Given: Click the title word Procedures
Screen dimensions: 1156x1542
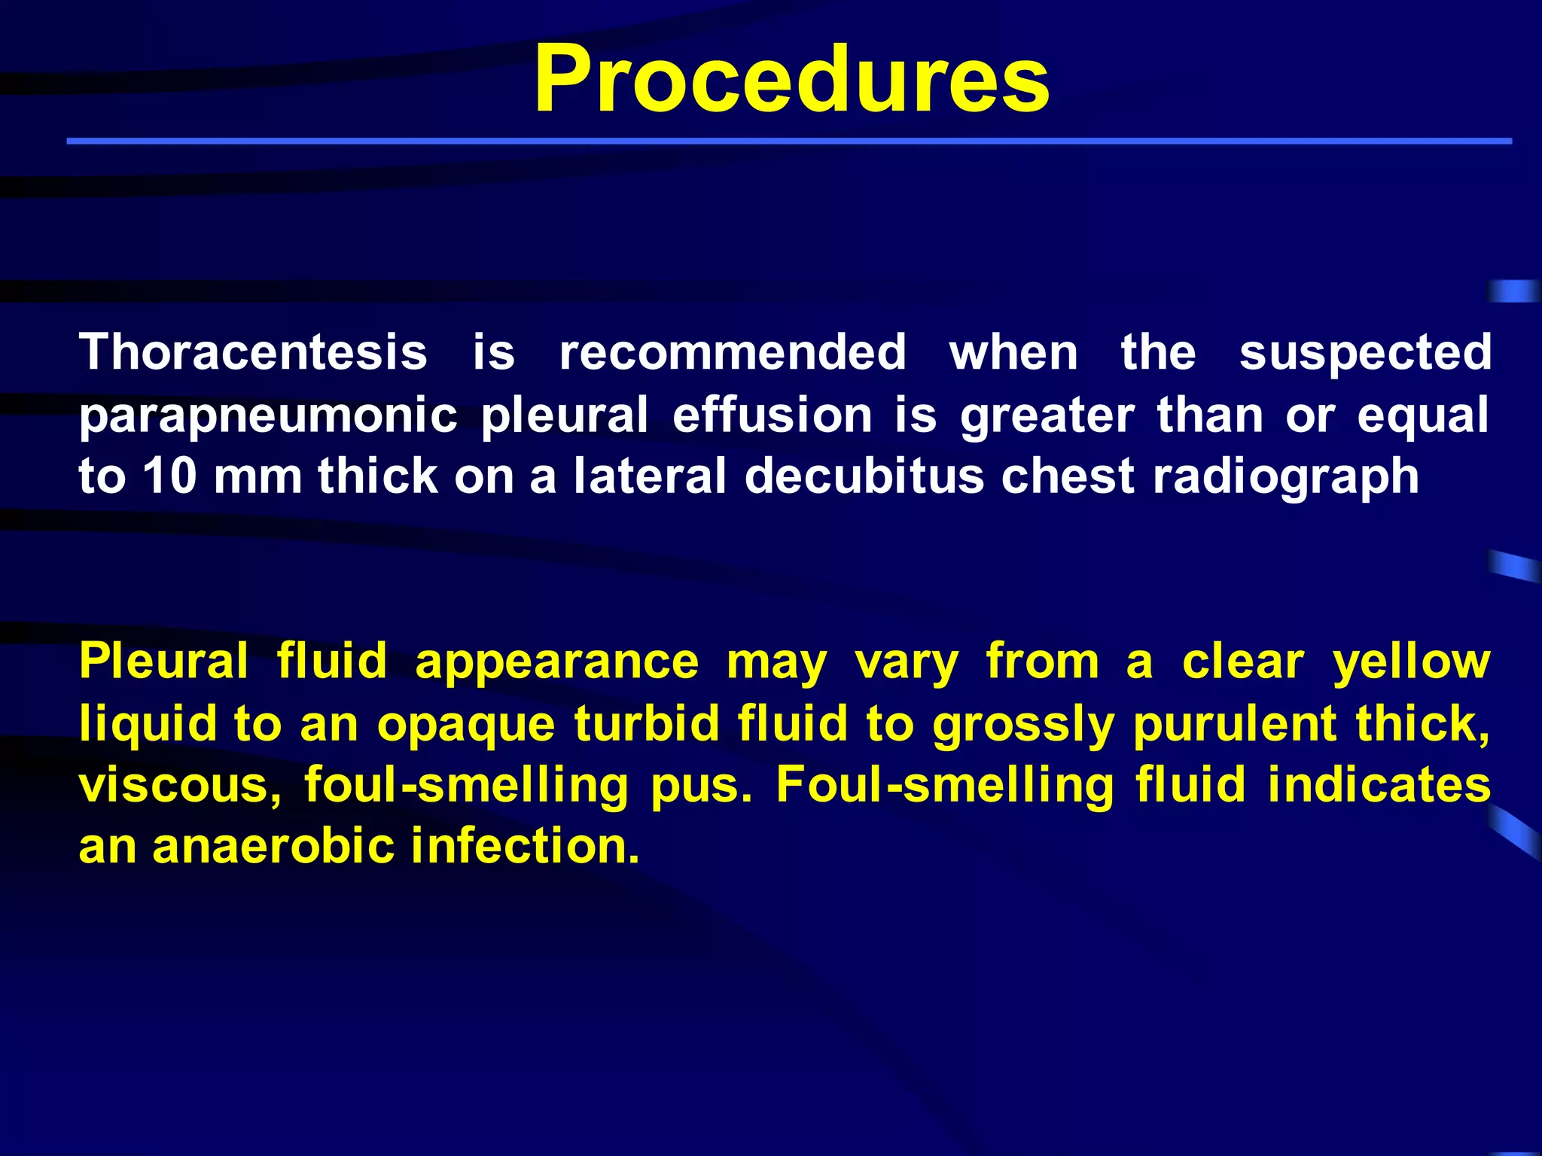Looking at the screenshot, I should [791, 80].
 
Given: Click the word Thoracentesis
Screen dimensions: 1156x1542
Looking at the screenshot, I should [253, 352].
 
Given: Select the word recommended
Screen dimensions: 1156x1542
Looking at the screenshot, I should [733, 352].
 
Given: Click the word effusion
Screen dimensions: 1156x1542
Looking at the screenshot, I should [772, 415].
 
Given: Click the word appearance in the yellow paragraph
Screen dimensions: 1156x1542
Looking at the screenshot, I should [556, 662].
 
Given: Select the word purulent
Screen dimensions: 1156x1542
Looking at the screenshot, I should [1233, 724].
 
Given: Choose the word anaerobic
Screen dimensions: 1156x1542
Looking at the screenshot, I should [273, 846].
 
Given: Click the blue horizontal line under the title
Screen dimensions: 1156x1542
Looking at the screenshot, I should [788, 141].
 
